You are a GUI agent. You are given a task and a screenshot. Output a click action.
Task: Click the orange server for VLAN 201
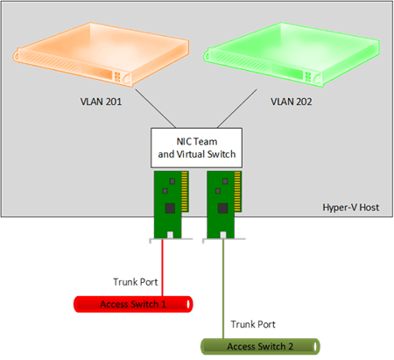pyautogui.click(x=101, y=54)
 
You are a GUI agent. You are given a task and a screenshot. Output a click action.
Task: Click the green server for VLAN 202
pyautogui.click(x=292, y=54)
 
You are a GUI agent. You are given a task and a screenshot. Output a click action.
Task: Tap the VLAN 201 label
pyautogui.click(x=101, y=102)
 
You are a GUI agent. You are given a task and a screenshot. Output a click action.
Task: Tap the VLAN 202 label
pyautogui.click(x=292, y=102)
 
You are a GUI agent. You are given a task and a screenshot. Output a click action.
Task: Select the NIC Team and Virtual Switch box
pyautogui.click(x=196, y=148)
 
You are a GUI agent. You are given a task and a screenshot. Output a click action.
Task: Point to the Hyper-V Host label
pyautogui.click(x=351, y=208)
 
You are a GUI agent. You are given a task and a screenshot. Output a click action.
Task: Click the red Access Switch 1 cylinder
pyautogui.click(x=133, y=304)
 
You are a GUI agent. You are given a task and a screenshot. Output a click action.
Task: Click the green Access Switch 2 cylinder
pyautogui.click(x=260, y=347)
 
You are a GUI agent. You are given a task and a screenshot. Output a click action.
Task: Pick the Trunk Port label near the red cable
pyautogui.click(x=136, y=282)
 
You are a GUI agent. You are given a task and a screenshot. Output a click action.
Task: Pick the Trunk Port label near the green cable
pyautogui.click(x=253, y=324)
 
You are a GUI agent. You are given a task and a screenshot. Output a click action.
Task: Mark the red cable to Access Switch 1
pyautogui.click(x=163, y=268)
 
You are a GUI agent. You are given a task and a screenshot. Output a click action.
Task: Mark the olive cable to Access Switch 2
pyautogui.click(x=223, y=289)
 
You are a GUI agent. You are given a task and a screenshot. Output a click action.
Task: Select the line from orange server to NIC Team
pyautogui.click(x=156, y=109)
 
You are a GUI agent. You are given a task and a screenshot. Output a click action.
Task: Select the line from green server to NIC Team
pyautogui.click(x=237, y=109)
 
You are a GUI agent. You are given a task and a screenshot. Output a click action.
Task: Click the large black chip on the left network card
pyautogui.click(x=170, y=208)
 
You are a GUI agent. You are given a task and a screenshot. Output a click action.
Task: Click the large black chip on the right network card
pyautogui.click(x=223, y=208)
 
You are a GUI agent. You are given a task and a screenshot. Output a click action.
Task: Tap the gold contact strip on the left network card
pyautogui.click(x=185, y=191)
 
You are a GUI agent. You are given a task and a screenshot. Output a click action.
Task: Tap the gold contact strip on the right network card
pyautogui.click(x=237, y=191)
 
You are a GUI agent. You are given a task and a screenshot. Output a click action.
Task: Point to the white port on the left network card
pyautogui.click(x=170, y=235)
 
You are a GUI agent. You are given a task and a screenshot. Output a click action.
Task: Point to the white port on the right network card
pyautogui.click(x=223, y=235)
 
